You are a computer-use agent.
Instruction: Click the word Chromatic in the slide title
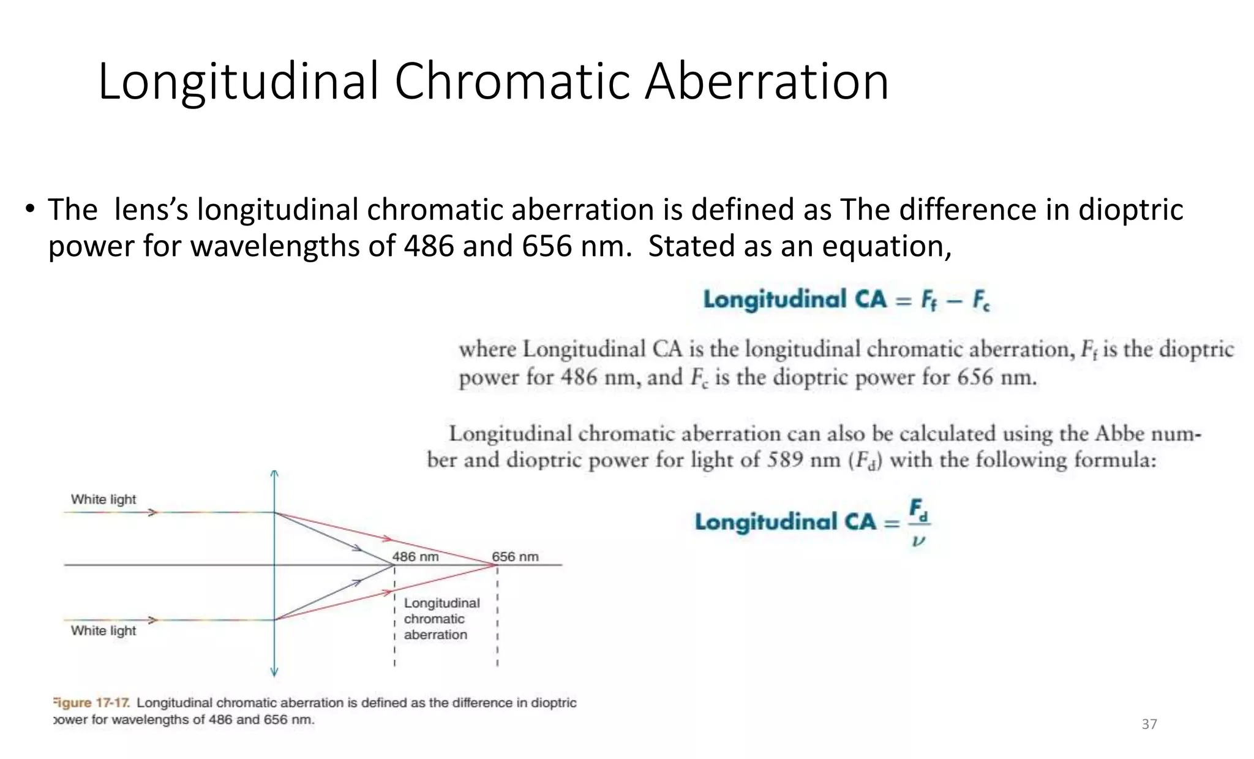coord(511,81)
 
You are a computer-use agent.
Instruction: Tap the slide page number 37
coord(1149,724)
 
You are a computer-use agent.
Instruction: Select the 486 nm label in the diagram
coord(415,556)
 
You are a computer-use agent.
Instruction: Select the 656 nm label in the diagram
coord(515,556)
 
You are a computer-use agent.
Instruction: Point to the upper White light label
coord(103,499)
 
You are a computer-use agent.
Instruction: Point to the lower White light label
coord(103,630)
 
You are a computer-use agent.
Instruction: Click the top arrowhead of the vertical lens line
coord(274,474)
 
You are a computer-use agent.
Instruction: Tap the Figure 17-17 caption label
coord(91,703)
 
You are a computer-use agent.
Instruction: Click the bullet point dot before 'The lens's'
coord(30,209)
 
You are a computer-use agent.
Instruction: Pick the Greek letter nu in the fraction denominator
coord(917,541)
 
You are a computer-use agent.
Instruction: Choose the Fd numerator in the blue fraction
coord(918,510)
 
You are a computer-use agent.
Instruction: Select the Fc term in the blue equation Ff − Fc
coord(980,301)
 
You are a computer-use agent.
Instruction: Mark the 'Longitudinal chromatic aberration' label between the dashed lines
coord(441,619)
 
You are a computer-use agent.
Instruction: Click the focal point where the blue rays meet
coord(394,565)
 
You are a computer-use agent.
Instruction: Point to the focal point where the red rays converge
coord(496,565)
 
